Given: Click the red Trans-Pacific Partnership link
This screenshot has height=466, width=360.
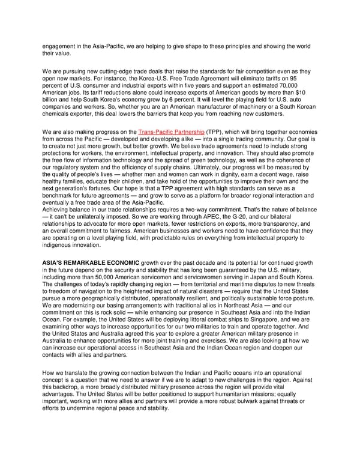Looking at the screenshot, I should click(x=172, y=131).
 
